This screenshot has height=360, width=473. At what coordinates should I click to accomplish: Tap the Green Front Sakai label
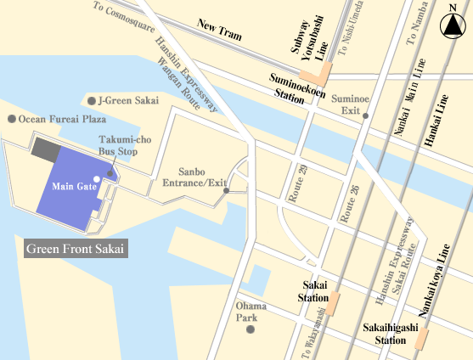click(75, 249)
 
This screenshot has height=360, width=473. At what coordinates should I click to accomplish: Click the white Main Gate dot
click(98, 178)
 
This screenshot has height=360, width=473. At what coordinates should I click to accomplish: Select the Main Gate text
click(73, 187)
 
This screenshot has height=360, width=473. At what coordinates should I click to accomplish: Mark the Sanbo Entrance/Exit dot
click(226, 190)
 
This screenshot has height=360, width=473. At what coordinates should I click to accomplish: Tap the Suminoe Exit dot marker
click(365, 115)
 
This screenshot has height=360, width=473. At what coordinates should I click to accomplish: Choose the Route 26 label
click(346, 205)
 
